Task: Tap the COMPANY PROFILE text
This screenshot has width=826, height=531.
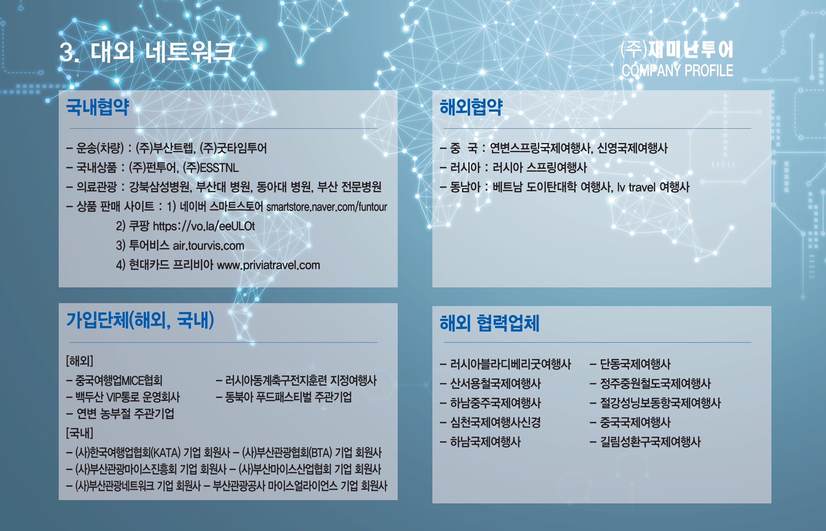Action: coord(677,71)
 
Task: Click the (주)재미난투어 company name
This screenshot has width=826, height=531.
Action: coord(677,50)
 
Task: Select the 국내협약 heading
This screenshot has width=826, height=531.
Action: coord(98,107)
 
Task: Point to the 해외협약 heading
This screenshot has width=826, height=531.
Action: coord(471,107)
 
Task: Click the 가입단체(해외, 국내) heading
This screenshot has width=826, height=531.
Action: coord(140,320)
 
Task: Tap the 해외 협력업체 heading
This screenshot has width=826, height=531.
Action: coord(490,323)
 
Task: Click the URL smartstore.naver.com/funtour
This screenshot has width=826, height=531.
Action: coord(327,207)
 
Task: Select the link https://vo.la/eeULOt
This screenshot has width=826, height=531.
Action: coord(204,226)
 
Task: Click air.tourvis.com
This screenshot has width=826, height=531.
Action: coord(208,246)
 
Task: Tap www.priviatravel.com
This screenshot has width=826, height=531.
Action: coord(268,265)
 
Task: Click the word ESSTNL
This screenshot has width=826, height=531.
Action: coord(219,168)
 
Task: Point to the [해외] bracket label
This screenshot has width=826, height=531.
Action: coord(80,361)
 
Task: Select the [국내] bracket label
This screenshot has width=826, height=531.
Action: coord(80,433)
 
